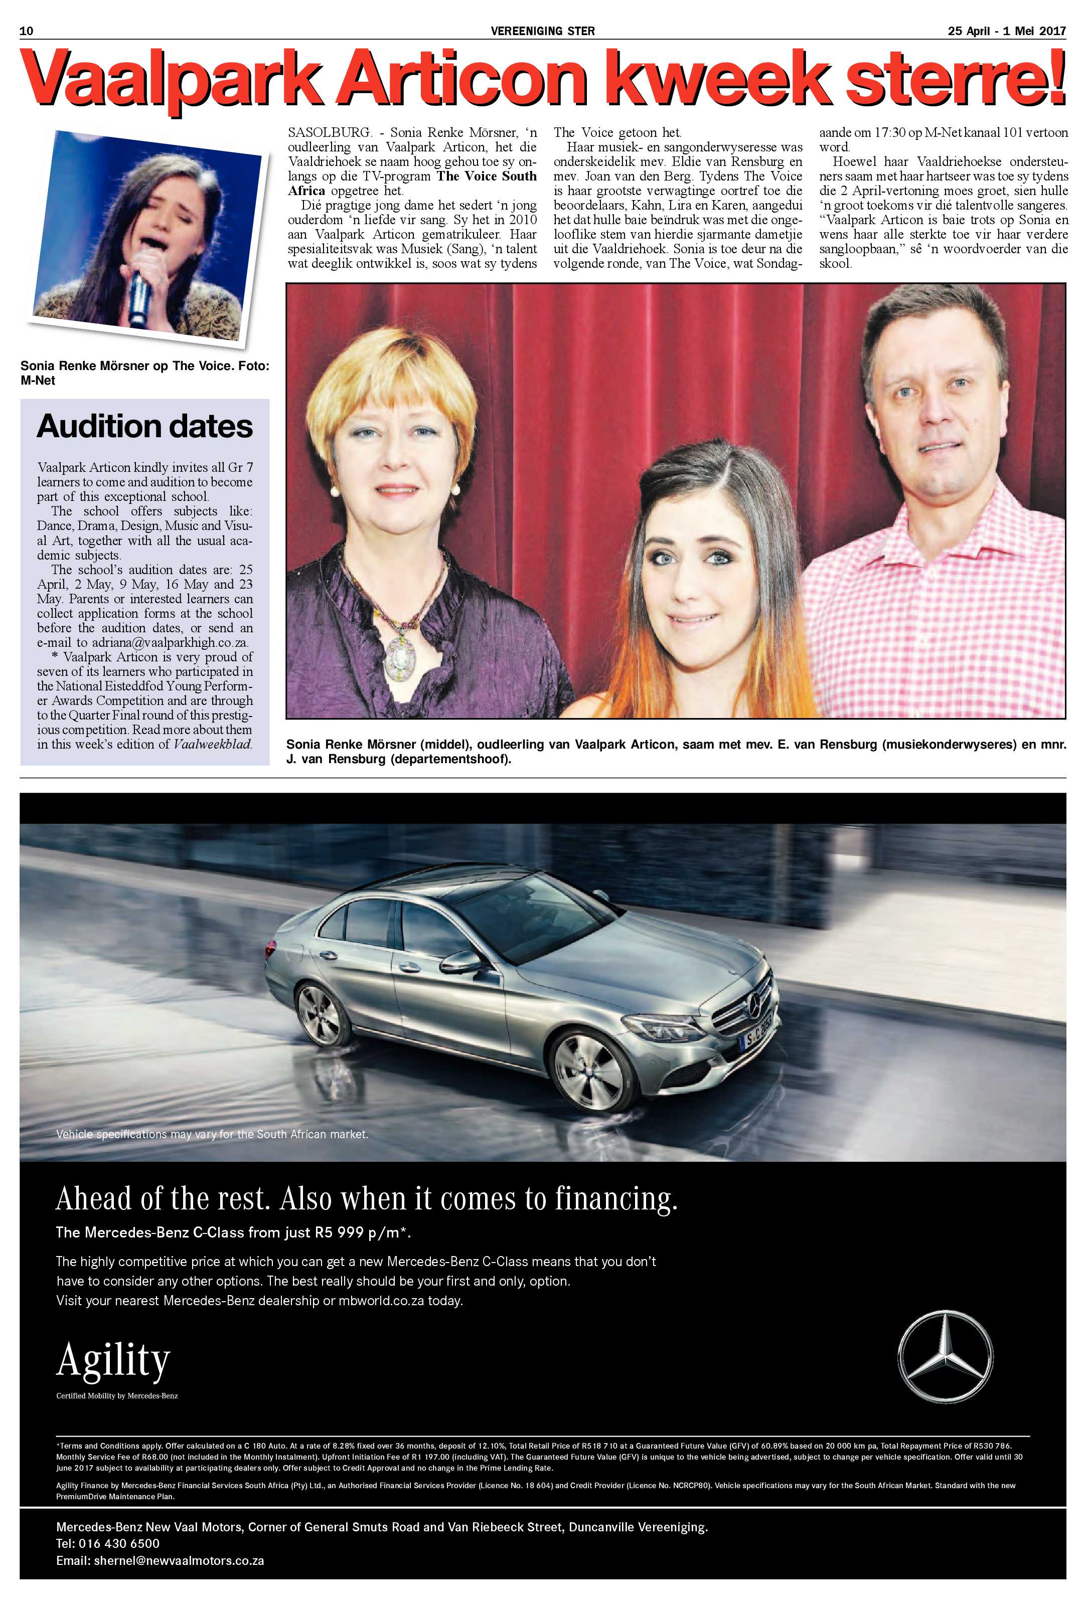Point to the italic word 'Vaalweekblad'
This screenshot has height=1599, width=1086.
tap(212, 745)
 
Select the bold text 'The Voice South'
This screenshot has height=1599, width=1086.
tap(487, 176)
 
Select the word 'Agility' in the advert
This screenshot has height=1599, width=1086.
tap(113, 1360)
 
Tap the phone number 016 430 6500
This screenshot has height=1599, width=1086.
tap(118, 1543)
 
